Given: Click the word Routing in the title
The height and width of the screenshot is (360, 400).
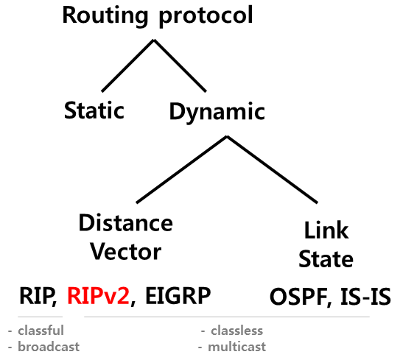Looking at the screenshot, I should (103, 15).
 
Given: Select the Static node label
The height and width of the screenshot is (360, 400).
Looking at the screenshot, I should (94, 111).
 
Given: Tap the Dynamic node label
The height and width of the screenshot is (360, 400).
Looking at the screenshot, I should (217, 113).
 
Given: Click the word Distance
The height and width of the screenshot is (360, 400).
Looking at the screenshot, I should (125, 222).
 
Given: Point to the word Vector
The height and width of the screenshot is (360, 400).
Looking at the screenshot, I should (125, 251).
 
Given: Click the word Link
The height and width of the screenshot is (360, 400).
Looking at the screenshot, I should (326, 230).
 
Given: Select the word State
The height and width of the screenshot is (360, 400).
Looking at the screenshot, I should (326, 259).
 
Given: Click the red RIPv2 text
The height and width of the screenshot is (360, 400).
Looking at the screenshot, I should (98, 297).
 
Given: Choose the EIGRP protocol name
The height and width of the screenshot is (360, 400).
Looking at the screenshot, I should (178, 297).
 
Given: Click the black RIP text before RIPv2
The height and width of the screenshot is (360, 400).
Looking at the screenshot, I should (36, 297).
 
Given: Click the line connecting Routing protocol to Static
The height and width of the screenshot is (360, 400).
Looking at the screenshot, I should (127, 66).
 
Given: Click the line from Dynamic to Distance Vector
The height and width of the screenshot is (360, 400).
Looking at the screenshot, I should (183, 170).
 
